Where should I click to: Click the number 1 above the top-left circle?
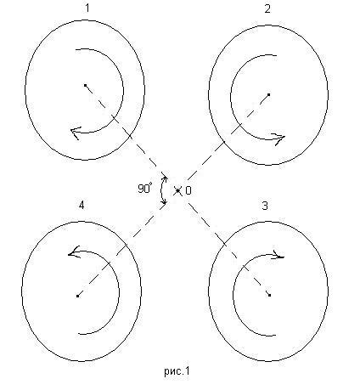[x=87, y=8]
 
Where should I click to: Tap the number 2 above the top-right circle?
[x=267, y=8]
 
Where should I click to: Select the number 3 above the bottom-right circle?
[x=265, y=206]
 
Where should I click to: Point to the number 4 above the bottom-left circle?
[x=82, y=205]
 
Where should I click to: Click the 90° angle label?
[x=145, y=189]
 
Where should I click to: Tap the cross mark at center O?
[x=177, y=191]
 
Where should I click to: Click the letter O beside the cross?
[x=188, y=190]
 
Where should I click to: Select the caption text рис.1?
[x=177, y=371]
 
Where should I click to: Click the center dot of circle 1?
[x=85, y=85]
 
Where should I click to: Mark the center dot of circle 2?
[x=268, y=94]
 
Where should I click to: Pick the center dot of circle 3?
[x=269, y=295]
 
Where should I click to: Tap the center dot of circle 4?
[x=77, y=296]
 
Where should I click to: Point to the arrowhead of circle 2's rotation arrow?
[x=279, y=138]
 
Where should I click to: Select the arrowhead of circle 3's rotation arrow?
[x=278, y=255]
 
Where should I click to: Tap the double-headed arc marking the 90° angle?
[x=161, y=189]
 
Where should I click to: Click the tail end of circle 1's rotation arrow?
[x=76, y=49]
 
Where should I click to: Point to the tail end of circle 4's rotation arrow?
[x=78, y=334]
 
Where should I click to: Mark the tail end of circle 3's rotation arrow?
[x=275, y=336]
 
